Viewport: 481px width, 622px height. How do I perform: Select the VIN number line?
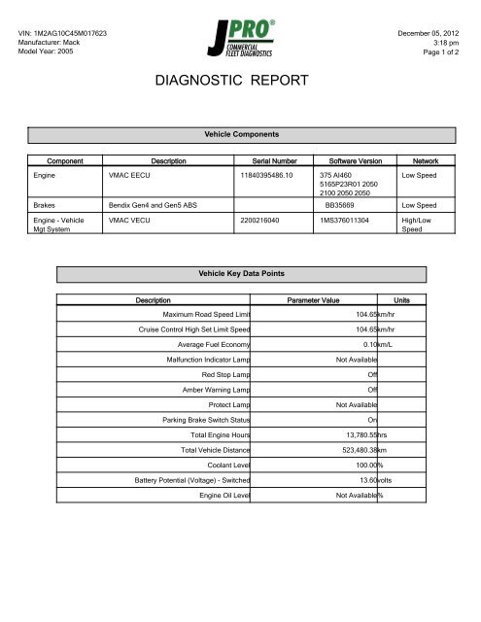click(x=63, y=34)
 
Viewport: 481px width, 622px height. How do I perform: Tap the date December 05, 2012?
click(x=430, y=34)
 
